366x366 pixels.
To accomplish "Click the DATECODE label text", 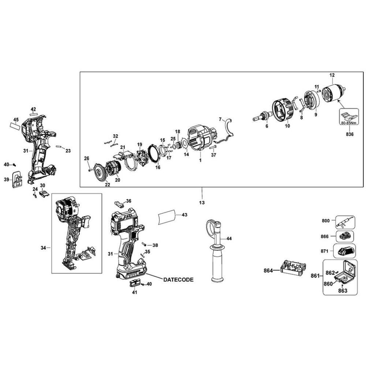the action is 178,280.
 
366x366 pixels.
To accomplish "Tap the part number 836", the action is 350,134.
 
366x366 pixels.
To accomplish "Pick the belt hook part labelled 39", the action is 17,179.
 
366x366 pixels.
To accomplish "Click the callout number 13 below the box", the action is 202,203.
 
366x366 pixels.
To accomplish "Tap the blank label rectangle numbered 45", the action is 15,127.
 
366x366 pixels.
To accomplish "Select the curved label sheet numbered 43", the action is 167,217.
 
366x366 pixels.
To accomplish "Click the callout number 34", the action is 44,248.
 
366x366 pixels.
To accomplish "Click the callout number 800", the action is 326,221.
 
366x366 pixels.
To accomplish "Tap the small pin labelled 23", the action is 58,147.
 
